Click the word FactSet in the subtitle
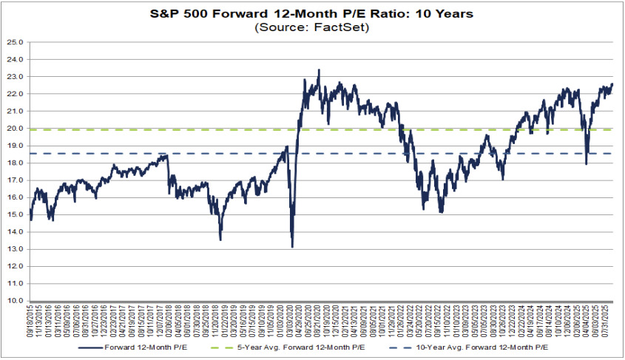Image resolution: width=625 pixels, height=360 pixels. coord(337,27)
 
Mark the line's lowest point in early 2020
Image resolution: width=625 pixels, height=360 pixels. coord(292,247)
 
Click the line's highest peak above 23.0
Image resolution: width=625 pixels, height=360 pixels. coord(319,69)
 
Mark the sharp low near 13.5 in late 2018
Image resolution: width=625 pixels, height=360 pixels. coord(220,240)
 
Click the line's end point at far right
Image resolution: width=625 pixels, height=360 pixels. coord(612,84)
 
